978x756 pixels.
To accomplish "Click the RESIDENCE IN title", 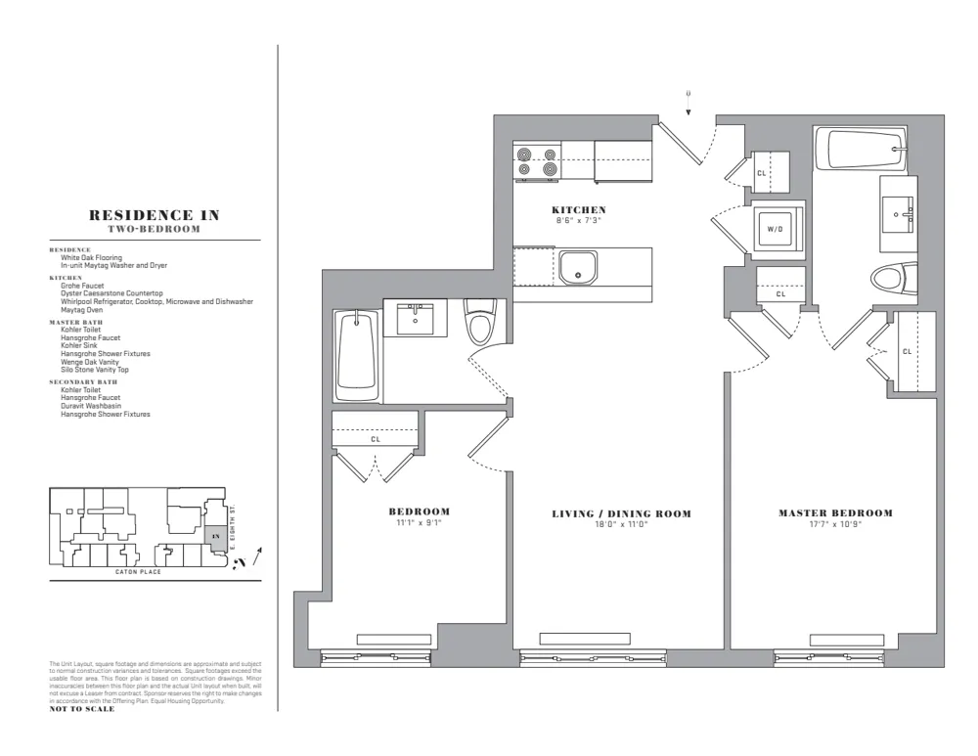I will click(x=155, y=215).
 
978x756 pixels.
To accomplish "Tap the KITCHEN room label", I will click(x=579, y=210).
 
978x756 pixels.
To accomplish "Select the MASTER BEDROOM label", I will click(x=835, y=513).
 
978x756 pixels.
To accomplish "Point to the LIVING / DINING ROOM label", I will click(x=621, y=514).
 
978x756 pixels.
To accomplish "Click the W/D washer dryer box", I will click(x=776, y=229).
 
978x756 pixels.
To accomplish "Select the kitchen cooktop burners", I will click(x=538, y=161).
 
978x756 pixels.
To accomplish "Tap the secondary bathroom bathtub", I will click(x=355, y=355).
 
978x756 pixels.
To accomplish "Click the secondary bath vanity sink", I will click(x=415, y=317).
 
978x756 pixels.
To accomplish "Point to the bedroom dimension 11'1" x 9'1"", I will click(x=419, y=523).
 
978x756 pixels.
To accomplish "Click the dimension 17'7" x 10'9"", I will click(x=835, y=524).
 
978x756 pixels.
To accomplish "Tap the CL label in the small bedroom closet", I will click(x=376, y=439).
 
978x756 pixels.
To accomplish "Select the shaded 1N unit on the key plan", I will click(x=215, y=536).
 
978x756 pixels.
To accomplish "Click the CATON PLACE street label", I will click(x=138, y=571).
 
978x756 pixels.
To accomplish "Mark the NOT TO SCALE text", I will click(x=82, y=709).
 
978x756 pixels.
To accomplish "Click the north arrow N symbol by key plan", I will click(x=239, y=565).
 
